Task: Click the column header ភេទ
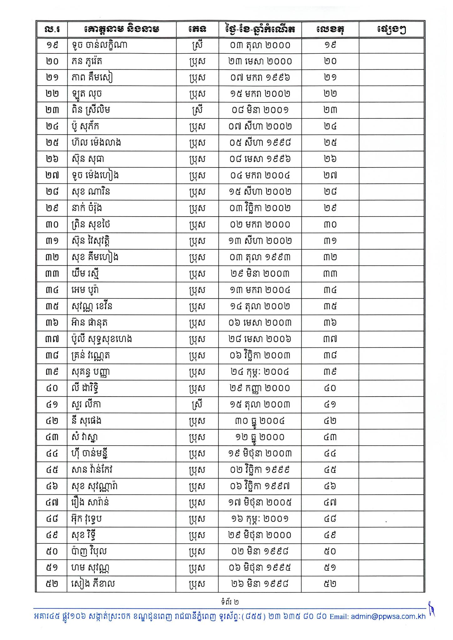coord(197,30)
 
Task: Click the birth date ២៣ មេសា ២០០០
coord(260,61)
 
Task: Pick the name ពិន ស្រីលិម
coord(90,110)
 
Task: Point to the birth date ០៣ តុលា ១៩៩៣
coord(260,257)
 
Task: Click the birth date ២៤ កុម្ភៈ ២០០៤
coord(260,372)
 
